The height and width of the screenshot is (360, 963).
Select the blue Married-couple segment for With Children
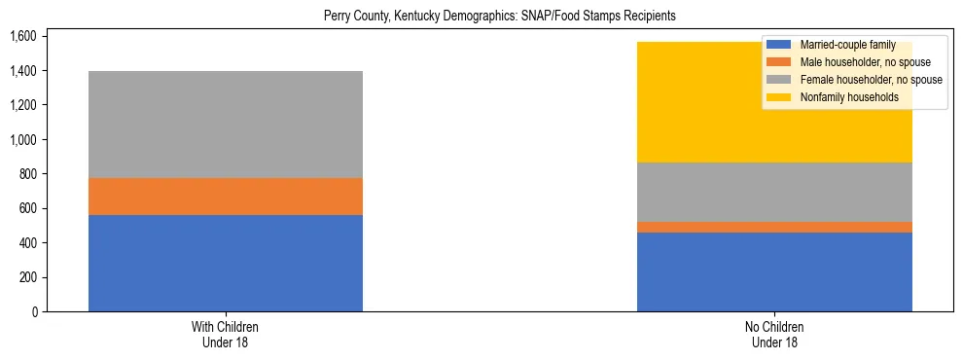(226, 263)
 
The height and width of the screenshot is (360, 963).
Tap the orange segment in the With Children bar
(226, 197)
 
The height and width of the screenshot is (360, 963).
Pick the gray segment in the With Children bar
(226, 125)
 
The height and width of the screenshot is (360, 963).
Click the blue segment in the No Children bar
(774, 271)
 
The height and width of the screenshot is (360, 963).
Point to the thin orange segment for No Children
(774, 228)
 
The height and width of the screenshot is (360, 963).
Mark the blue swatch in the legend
(780, 45)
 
